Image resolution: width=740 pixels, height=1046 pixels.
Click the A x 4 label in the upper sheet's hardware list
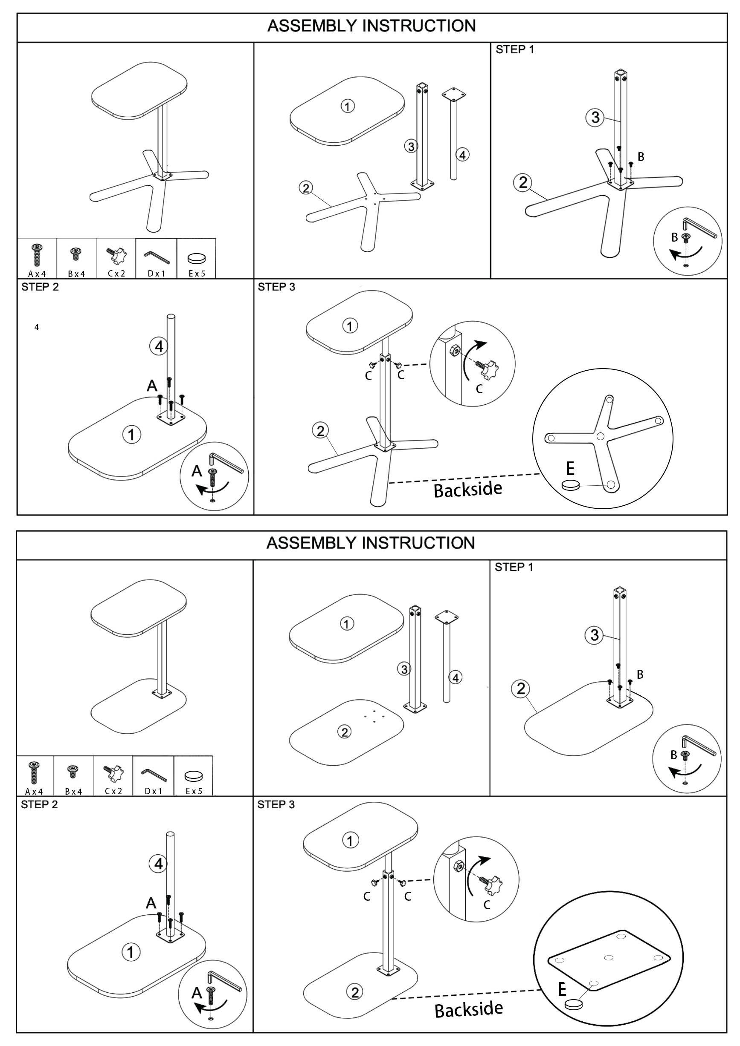pyautogui.click(x=37, y=274)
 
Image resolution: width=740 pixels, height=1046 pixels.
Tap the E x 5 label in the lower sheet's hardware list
pyautogui.click(x=194, y=791)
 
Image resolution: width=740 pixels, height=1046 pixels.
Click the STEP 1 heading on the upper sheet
pyautogui.click(x=515, y=50)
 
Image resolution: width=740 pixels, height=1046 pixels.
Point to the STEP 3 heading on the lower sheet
pyautogui.click(x=276, y=804)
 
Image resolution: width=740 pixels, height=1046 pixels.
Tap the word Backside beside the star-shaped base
pyautogui.click(x=468, y=490)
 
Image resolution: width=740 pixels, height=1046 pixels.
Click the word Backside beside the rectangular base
pyautogui.click(x=469, y=1010)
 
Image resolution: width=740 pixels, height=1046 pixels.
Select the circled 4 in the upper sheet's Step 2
pyautogui.click(x=159, y=347)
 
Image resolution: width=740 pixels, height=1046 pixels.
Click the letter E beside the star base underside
pyautogui.click(x=570, y=469)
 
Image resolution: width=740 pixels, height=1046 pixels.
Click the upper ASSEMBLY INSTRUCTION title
pyautogui.click(x=371, y=26)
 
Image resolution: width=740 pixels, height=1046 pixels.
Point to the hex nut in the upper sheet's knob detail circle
pyautogui.click(x=455, y=350)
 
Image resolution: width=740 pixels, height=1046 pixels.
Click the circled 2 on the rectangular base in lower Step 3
pyautogui.click(x=355, y=992)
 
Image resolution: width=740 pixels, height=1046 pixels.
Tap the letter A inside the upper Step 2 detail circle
pyautogui.click(x=197, y=471)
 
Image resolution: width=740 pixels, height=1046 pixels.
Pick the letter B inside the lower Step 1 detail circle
pyautogui.click(x=674, y=755)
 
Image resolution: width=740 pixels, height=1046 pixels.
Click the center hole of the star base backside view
pyautogui.click(x=601, y=436)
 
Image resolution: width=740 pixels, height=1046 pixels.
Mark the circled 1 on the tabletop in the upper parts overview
pyautogui.click(x=348, y=107)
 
